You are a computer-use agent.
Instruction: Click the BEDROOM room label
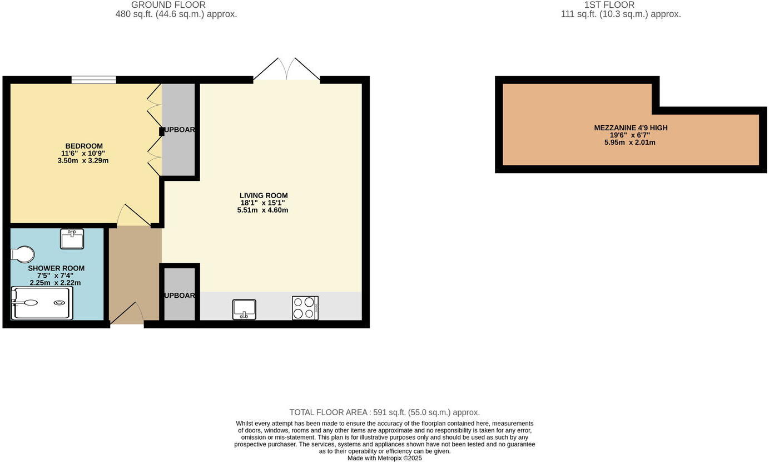click(84, 146)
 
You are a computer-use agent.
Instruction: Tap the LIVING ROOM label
click(264, 195)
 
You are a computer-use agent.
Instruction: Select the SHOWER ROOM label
click(56, 268)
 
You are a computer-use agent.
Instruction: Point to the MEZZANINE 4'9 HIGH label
click(631, 128)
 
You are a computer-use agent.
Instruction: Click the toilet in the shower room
click(22, 254)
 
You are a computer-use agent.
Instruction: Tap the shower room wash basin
click(72, 239)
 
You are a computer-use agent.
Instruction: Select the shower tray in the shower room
click(43, 303)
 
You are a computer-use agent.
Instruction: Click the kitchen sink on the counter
click(244, 309)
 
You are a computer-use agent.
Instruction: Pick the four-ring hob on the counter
click(305, 308)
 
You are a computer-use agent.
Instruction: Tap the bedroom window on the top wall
click(93, 80)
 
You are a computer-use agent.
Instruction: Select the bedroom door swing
click(132, 215)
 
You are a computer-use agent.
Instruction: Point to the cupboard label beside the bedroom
click(179, 130)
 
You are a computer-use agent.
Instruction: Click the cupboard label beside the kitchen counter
click(179, 296)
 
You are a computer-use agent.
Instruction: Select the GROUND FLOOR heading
click(168, 5)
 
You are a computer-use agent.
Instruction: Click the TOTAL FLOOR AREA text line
click(384, 412)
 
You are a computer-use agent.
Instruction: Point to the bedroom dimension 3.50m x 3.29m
click(83, 160)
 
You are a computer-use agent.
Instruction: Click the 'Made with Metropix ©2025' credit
click(384, 458)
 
